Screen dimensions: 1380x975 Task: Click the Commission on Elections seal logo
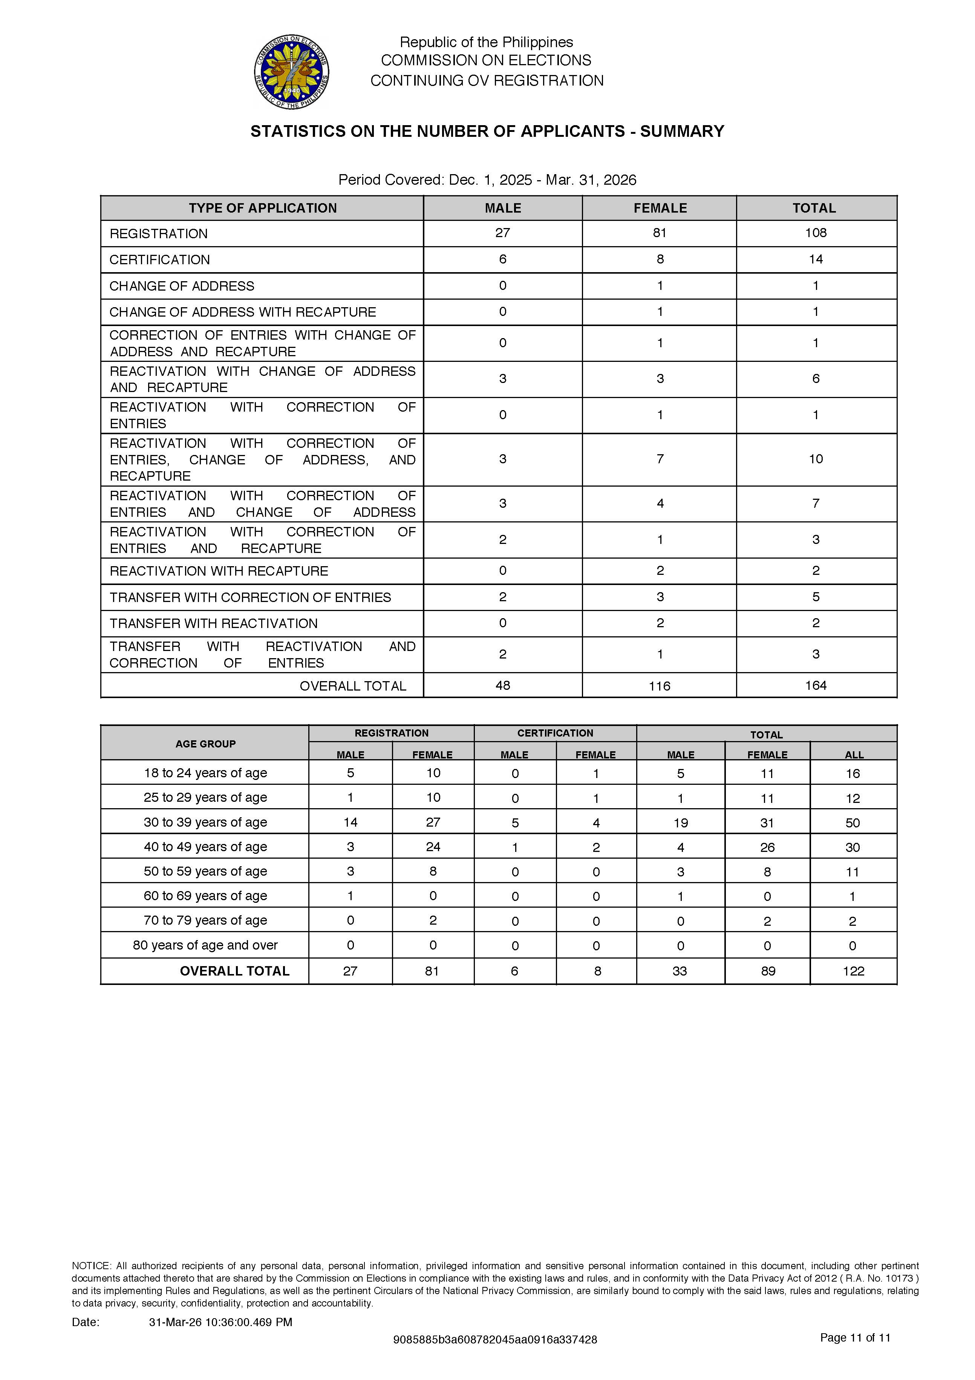coord(292,72)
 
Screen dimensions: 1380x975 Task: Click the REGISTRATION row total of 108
coord(815,233)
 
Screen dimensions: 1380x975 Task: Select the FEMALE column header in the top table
coord(660,208)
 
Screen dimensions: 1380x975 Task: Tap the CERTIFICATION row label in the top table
coord(159,260)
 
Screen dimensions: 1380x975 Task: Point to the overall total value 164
coord(815,685)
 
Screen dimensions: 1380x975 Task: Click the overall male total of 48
coord(502,685)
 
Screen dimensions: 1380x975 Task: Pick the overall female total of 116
coord(660,686)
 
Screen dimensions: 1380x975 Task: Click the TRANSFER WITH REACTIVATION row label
coord(213,623)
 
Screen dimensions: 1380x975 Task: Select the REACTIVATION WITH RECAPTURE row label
coord(219,571)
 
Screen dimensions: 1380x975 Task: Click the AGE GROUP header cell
coord(205,743)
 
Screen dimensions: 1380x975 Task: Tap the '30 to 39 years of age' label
coord(205,822)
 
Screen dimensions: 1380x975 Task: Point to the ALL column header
coord(854,754)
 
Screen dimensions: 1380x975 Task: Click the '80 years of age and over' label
coord(205,945)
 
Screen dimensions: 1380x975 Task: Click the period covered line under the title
coord(487,180)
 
